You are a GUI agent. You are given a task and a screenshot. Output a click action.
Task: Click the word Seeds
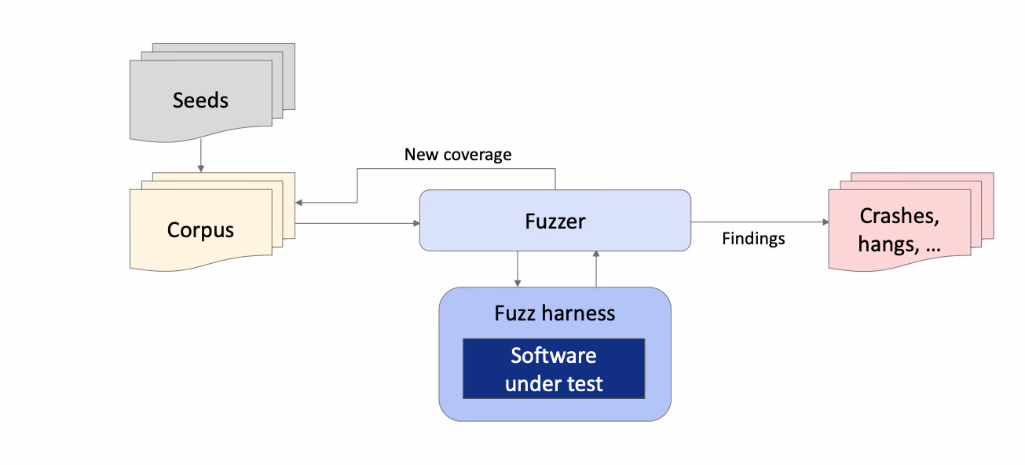click(x=200, y=101)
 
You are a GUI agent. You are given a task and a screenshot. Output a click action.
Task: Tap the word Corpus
click(x=200, y=230)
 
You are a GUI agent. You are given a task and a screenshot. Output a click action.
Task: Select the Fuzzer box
click(x=555, y=221)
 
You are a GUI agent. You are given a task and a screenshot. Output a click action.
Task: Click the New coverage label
click(x=458, y=155)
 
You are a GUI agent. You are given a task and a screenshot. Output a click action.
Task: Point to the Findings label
click(x=753, y=239)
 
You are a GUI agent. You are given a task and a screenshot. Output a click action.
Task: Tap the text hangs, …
click(x=899, y=244)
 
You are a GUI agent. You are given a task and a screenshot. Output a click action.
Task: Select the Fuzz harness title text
click(x=555, y=313)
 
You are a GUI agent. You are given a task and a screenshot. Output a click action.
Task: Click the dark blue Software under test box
click(x=554, y=368)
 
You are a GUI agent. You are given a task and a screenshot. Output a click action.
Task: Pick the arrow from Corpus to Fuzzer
click(x=357, y=224)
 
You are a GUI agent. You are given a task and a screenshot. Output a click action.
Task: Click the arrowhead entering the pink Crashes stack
click(x=825, y=222)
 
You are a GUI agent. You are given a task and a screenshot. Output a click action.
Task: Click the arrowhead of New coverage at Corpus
click(x=299, y=203)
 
